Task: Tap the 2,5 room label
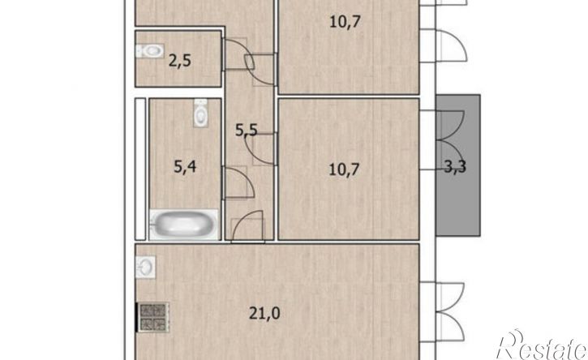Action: click(x=180, y=59)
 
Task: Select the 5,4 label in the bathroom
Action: click(x=186, y=170)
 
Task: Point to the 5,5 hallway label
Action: click(x=246, y=130)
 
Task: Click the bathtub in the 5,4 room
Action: click(x=184, y=224)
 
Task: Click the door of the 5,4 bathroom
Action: click(x=239, y=182)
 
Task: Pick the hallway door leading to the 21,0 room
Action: click(x=247, y=226)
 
